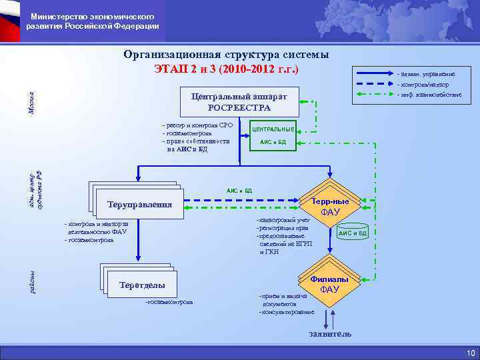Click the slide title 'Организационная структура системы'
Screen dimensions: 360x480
(226, 55)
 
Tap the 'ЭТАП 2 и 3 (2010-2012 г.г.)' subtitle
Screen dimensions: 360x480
(226, 69)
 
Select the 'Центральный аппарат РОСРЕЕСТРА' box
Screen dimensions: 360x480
(239, 101)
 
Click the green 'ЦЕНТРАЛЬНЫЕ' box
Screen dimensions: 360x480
(273, 128)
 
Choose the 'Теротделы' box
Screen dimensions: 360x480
(141, 285)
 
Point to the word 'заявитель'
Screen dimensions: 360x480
(329, 333)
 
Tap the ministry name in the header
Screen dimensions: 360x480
(93, 21)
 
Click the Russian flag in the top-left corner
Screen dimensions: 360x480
(10, 20)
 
